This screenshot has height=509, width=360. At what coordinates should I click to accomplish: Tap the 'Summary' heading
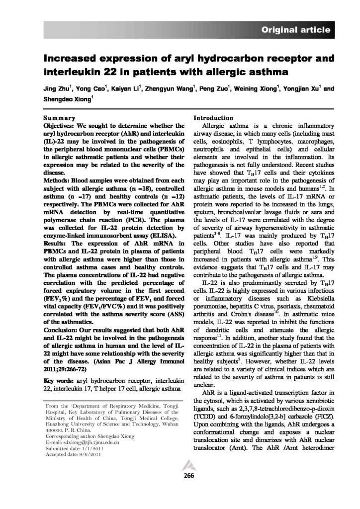coord(59,118)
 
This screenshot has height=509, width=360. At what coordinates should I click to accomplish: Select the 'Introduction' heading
coord(213,118)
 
